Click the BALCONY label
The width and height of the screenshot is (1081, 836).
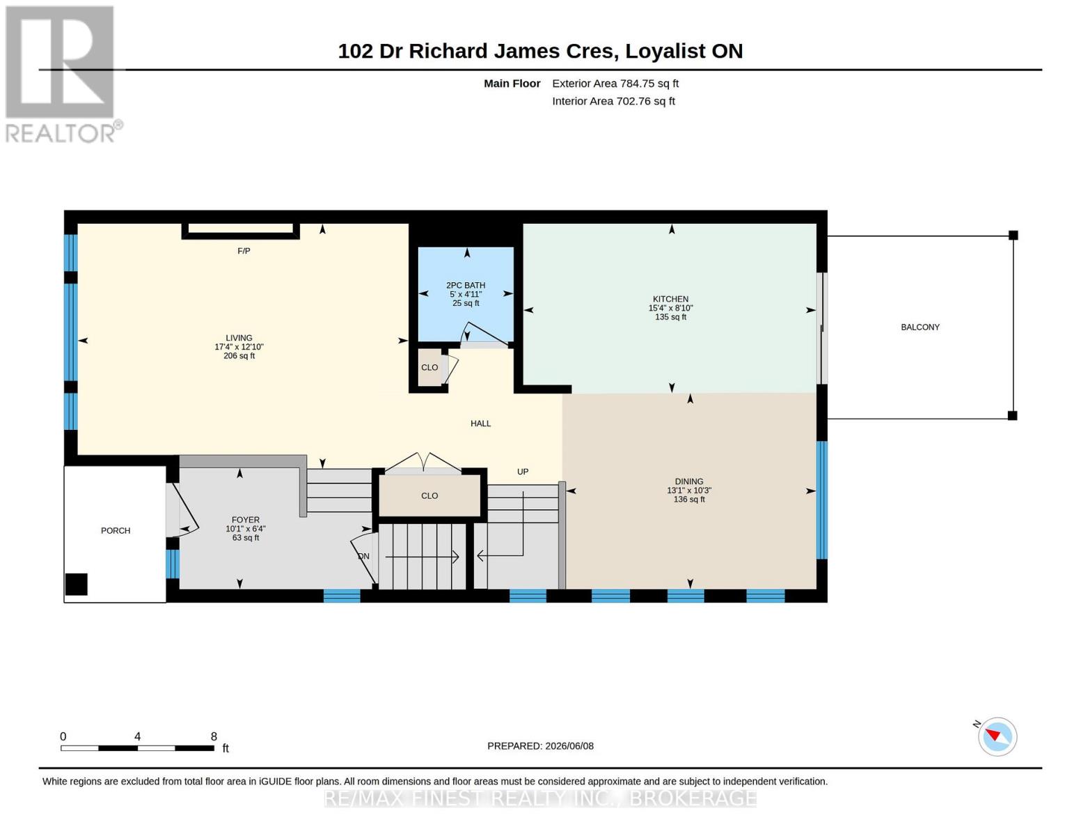click(920, 327)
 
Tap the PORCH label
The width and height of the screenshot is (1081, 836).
click(116, 531)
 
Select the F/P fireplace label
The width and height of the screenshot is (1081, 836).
click(244, 251)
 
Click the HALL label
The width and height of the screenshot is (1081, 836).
click(480, 424)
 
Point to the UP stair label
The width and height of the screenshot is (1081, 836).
click(522, 472)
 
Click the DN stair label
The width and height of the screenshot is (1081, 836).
click(363, 556)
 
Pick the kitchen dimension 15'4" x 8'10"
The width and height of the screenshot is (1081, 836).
click(670, 308)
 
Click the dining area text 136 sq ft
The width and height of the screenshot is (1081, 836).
click(689, 500)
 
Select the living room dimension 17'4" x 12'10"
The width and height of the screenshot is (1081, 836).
click(239, 347)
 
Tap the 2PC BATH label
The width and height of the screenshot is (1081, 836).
click(466, 286)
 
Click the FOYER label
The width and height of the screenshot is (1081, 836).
click(245, 520)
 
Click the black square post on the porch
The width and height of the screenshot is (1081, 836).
click(77, 584)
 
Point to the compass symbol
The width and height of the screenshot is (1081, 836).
click(997, 736)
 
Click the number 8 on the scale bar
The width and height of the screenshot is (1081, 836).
click(214, 736)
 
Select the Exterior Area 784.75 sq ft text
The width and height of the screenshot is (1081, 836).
click(615, 84)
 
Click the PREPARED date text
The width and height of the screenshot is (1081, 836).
click(540, 746)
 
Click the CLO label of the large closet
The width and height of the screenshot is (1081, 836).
click(429, 496)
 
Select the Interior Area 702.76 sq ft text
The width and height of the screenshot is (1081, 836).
click(613, 101)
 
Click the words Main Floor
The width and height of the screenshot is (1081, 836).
click(512, 84)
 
